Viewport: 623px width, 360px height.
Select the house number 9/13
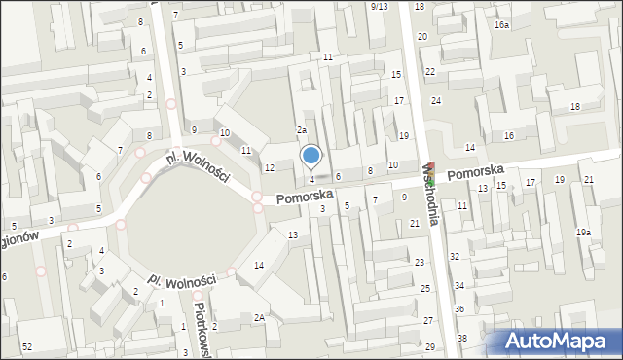click(380, 6)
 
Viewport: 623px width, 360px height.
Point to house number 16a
click(501, 24)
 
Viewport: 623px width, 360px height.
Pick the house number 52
click(27, 347)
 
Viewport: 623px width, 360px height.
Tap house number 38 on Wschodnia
click(462, 338)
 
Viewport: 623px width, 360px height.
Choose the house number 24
click(437, 101)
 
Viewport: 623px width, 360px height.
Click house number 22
click(429, 72)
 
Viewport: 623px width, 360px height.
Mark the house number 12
click(269, 168)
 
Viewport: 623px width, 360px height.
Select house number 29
click(429, 347)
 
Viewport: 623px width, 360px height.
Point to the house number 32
click(455, 256)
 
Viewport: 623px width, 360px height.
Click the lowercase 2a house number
click(302, 130)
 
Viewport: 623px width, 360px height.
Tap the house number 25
click(425, 289)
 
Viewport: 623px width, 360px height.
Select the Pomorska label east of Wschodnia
click(476, 170)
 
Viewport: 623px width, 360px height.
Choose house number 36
click(459, 308)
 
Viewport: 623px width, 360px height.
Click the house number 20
click(422, 36)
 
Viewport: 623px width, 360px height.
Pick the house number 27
click(428, 321)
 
